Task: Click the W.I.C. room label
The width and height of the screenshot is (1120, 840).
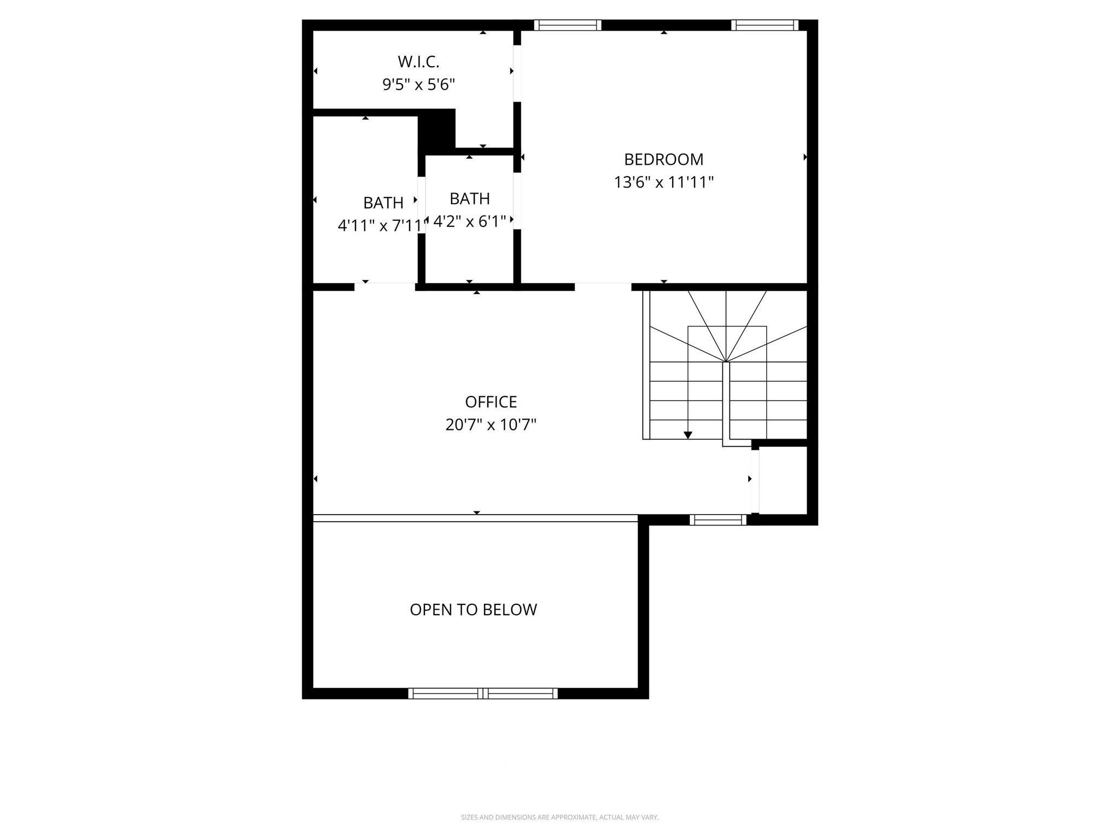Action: [418, 62]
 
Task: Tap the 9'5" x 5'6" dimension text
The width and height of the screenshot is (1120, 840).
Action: [418, 85]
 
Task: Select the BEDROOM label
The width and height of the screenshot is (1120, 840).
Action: [663, 159]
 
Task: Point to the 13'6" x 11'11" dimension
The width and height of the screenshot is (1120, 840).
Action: [663, 182]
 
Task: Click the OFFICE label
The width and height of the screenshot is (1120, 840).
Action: [491, 402]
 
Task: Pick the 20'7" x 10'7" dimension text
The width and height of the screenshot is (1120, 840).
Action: [491, 425]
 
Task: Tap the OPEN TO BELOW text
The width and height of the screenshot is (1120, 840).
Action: [473, 610]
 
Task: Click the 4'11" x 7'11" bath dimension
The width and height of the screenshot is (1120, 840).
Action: [381, 225]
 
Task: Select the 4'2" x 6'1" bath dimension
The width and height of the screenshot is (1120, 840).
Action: [469, 221]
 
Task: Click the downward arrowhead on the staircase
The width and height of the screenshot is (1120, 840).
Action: [688, 435]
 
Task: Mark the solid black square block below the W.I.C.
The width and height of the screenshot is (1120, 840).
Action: [437, 129]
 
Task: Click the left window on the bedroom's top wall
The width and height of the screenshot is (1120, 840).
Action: [567, 25]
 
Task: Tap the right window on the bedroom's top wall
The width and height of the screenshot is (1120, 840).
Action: [765, 25]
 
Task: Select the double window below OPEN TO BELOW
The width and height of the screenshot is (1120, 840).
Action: [483, 693]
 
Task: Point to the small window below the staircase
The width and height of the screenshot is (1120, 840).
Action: [717, 520]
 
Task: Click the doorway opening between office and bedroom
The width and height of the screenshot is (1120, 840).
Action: [603, 287]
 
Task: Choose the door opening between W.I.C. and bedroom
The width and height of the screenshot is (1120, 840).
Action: [517, 74]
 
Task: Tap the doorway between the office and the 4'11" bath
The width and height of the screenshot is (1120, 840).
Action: [384, 287]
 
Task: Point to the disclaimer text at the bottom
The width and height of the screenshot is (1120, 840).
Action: [559, 818]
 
